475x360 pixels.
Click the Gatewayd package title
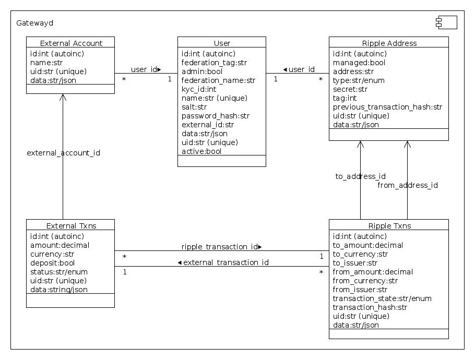click(x=34, y=23)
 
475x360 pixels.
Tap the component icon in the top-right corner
click(x=446, y=22)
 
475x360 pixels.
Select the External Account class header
click(x=70, y=43)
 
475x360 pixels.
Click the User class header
click(x=222, y=43)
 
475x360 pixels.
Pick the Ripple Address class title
click(x=389, y=43)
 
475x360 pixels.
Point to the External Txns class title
click(x=70, y=225)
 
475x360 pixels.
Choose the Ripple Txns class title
click(x=389, y=225)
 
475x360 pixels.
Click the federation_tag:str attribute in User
click(x=214, y=63)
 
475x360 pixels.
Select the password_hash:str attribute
click(x=215, y=116)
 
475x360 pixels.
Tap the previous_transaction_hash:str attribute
click(x=387, y=107)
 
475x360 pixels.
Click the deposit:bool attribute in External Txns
click(x=52, y=263)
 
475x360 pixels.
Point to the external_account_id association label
click(x=63, y=153)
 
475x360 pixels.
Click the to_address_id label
click(x=360, y=176)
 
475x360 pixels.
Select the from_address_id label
click(x=407, y=185)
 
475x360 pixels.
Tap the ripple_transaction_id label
click(x=221, y=246)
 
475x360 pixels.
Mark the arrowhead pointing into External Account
click(x=63, y=98)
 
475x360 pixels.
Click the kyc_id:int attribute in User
click(x=198, y=89)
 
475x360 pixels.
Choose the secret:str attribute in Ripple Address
click(x=350, y=89)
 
